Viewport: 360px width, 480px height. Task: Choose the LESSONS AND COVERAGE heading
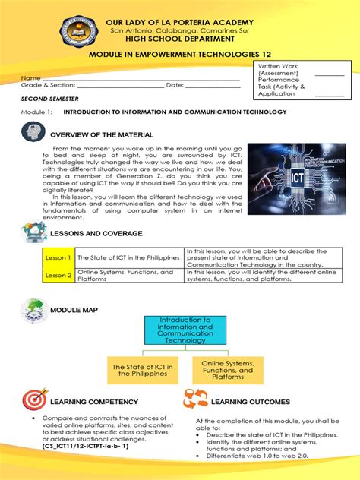94,233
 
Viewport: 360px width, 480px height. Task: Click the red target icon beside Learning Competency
33,400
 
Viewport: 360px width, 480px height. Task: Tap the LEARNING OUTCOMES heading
251,402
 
